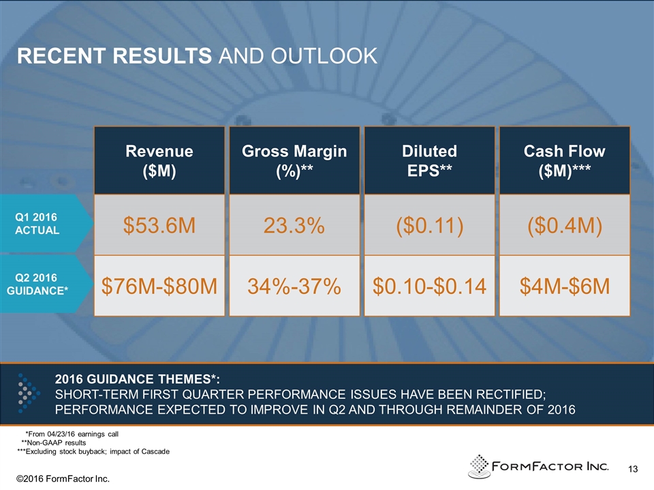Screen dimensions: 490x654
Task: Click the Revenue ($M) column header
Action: [x=159, y=161]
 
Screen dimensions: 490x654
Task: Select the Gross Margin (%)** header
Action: [x=294, y=161]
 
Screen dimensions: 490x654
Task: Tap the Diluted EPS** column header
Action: [x=430, y=161]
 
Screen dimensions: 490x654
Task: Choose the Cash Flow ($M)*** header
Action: [x=564, y=161]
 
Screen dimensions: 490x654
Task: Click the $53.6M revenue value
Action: [x=159, y=225]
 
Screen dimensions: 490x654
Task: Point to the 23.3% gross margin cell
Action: [x=294, y=225]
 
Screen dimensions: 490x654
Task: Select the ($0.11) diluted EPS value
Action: [x=430, y=225]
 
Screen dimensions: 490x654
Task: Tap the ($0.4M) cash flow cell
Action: [x=564, y=225]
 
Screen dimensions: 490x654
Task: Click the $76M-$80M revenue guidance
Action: [x=159, y=287]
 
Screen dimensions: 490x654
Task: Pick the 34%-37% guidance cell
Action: [x=294, y=287]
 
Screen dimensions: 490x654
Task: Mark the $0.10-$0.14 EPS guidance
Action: [x=430, y=287]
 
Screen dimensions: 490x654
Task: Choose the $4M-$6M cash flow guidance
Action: [x=564, y=287]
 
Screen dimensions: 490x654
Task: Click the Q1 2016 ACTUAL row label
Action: [x=37, y=223]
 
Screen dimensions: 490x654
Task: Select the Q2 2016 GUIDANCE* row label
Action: [x=37, y=284]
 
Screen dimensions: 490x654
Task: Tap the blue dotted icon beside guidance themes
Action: [x=25, y=393]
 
